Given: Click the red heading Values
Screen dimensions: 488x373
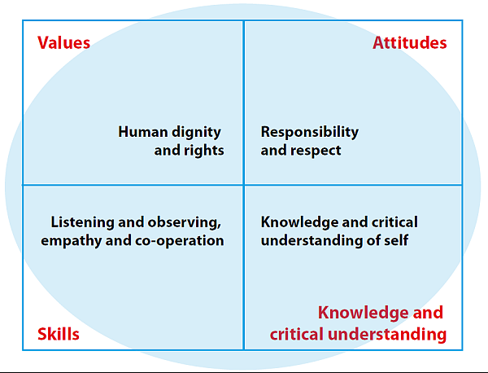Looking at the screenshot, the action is point(63,42).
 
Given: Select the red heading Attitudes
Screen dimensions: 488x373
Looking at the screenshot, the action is point(410,42).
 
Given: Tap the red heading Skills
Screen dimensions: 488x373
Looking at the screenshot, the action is point(59,334).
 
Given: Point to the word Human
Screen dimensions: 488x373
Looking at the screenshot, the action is point(143,132).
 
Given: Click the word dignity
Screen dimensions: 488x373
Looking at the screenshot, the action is point(196,133).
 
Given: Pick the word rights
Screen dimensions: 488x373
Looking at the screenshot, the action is point(204,151).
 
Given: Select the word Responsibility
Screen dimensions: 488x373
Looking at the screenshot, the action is point(310,133).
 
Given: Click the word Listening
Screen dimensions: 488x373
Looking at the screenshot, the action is point(82,223).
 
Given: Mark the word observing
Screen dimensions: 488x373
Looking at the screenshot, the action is point(185,223).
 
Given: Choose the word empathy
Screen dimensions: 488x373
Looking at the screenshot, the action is point(72,241).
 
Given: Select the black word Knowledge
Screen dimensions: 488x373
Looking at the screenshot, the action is point(299,223).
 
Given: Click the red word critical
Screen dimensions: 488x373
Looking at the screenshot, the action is point(297,334).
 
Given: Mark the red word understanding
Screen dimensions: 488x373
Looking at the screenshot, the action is point(387,335).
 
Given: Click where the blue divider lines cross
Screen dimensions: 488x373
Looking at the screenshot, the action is point(244,185).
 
